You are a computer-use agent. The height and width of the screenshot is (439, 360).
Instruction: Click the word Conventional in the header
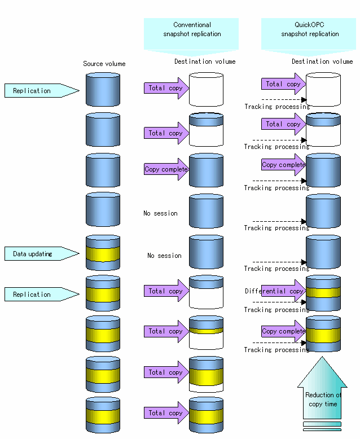pos(192,25)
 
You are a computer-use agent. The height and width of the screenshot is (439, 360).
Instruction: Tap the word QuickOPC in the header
pos(309,25)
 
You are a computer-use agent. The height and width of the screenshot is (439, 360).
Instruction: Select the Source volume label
pos(104,64)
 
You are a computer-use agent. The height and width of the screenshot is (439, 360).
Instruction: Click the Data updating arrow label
pos(42,254)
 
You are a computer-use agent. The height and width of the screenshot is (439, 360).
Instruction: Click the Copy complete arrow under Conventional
pos(166,169)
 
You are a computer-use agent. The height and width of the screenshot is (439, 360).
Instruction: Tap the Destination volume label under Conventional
pos(205,62)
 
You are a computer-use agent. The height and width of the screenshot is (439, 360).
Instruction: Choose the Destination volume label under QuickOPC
pos(322,62)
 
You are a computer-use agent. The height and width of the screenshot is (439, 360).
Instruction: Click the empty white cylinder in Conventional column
pos(207,89)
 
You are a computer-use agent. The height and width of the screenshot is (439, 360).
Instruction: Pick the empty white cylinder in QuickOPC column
pos(323,89)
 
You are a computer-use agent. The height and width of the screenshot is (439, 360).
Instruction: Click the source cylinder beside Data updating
pos(103,253)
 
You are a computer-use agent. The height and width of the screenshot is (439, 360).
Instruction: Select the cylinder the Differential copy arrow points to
pos(323,293)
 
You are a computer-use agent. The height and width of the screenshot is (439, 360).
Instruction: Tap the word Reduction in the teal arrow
pos(319,395)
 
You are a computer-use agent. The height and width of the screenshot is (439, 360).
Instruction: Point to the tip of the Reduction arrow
pos(322,357)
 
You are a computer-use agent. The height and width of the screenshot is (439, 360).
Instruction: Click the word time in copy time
pos(331,404)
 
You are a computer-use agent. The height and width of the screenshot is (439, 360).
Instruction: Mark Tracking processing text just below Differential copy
pos(276,310)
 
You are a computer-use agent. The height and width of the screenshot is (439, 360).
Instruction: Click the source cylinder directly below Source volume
pos(103,89)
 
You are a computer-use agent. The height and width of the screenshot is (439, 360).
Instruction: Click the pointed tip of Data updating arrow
pos(79,254)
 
